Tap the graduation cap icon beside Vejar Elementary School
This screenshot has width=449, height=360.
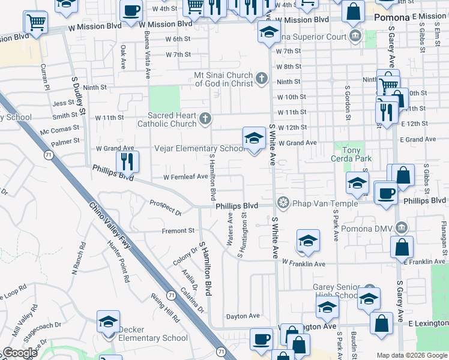254,139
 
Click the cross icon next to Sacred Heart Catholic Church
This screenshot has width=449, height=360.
205,118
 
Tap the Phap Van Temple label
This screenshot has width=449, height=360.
318,203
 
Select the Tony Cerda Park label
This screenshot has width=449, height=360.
351,154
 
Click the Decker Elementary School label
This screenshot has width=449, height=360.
152,334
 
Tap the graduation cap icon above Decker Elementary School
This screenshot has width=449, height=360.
109,322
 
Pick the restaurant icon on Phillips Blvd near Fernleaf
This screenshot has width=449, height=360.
127,161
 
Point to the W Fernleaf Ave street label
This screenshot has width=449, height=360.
185,177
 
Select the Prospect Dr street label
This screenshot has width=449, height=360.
166,208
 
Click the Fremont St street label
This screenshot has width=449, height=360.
178,230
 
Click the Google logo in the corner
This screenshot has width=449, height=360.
20,353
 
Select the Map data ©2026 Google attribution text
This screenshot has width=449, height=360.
411,355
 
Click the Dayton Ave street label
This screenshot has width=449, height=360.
243,316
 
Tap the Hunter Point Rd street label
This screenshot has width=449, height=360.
119,262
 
